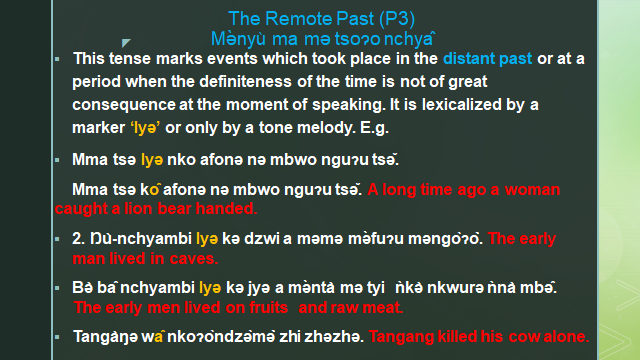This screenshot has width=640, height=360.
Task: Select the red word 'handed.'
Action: [x=227, y=210]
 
